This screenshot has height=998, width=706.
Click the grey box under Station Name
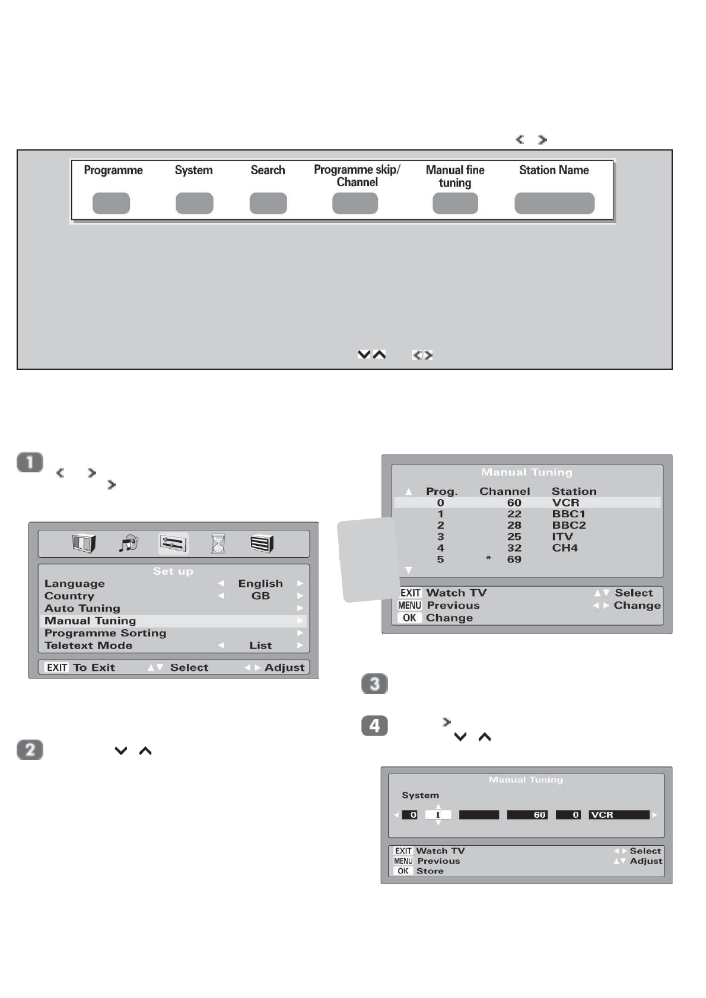[554, 203]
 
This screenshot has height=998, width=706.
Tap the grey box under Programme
[111, 203]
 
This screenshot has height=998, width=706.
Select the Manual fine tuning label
[455, 176]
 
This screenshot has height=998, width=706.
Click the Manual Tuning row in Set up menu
[90, 620]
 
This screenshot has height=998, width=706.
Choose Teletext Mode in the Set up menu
[88, 645]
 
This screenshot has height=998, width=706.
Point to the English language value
[260, 584]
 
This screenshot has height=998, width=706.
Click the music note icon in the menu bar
[128, 543]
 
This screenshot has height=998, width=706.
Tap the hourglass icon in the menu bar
[218, 543]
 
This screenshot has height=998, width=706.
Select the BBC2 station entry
[568, 525]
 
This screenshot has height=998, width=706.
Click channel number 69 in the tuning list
[514, 559]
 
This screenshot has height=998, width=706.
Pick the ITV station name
[562, 536]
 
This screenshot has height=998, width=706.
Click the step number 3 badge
[374, 684]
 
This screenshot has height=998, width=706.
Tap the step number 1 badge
[30, 462]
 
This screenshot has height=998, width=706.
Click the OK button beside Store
[403, 871]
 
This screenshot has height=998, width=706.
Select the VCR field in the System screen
[619, 815]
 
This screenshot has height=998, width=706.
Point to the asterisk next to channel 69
[488, 558]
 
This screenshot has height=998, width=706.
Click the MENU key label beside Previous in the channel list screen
[409, 605]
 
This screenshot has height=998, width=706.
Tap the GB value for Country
[260, 596]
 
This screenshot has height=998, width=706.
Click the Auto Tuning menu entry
[82, 608]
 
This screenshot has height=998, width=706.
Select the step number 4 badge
[374, 726]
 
